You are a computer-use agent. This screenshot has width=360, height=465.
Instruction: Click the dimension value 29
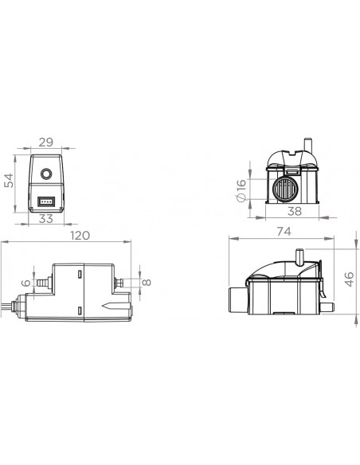(x=46, y=143)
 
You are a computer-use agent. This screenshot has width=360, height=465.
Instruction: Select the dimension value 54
(x=9, y=181)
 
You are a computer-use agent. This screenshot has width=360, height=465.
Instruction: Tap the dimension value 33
(x=46, y=219)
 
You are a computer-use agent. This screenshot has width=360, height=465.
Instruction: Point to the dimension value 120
(x=80, y=236)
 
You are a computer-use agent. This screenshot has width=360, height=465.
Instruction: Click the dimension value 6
(x=26, y=283)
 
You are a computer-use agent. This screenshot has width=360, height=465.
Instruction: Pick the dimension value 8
(x=147, y=282)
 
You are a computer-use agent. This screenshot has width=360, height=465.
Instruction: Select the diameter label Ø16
(x=242, y=190)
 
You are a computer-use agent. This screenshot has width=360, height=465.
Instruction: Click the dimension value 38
(x=295, y=212)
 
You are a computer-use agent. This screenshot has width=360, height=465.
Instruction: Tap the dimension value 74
(x=284, y=232)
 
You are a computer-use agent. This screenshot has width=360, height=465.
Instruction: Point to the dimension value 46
(x=350, y=279)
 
